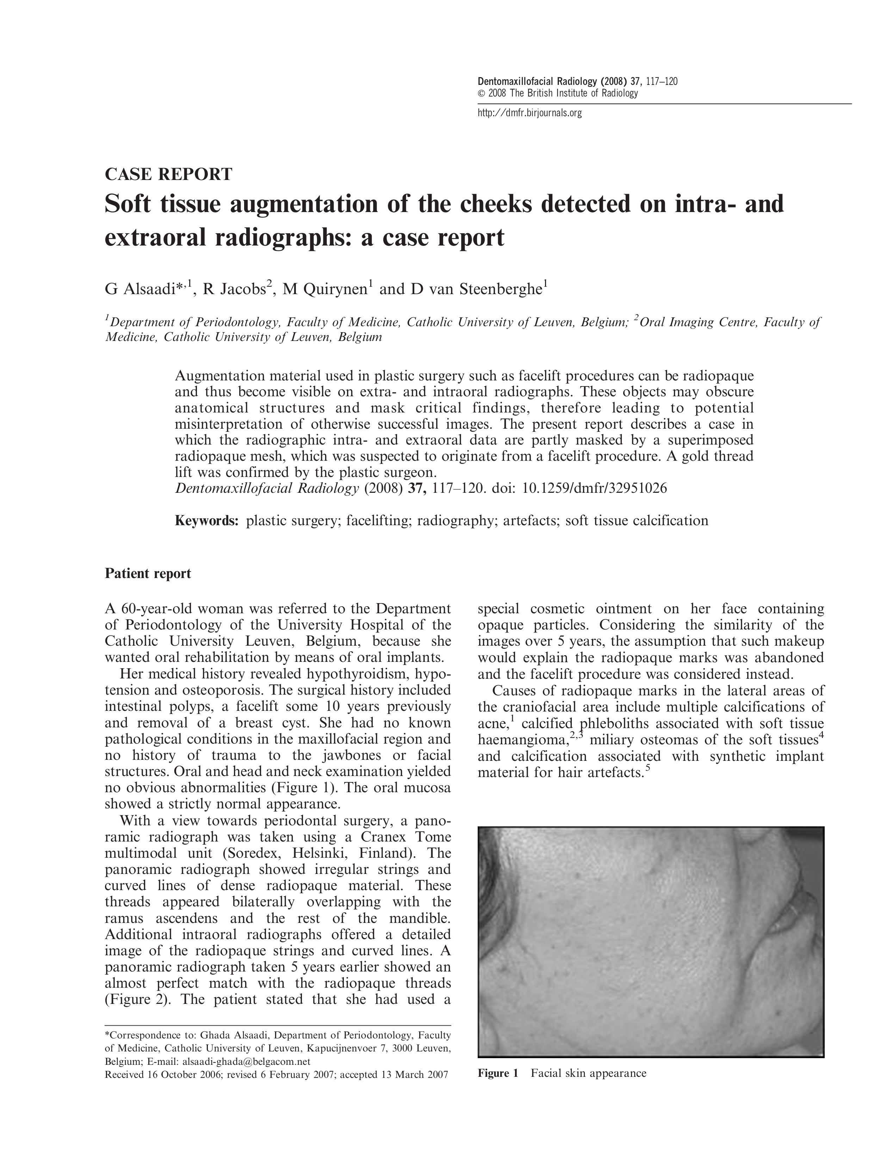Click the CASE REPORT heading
[168, 174]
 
